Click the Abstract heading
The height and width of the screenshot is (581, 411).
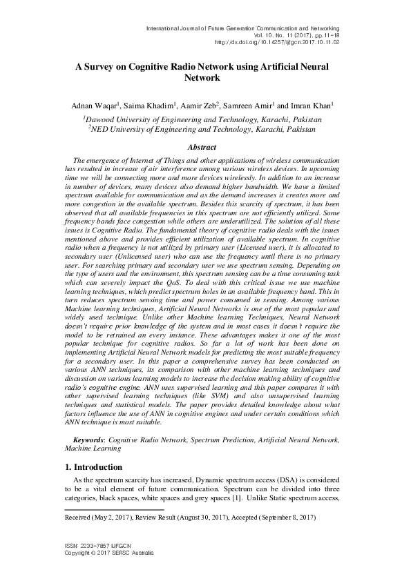point(205,147)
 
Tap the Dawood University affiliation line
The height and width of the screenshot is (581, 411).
point(206,119)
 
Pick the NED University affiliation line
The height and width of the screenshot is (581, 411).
point(206,128)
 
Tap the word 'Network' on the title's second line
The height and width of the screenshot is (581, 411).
point(205,79)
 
